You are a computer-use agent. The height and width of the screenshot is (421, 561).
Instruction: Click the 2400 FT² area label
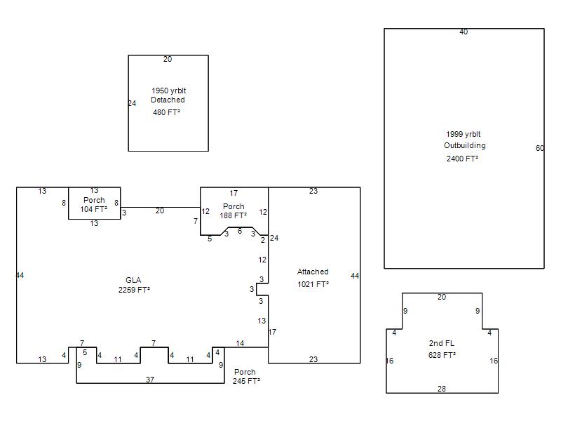coord(462,159)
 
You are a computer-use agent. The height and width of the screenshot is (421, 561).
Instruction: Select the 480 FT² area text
coord(166,112)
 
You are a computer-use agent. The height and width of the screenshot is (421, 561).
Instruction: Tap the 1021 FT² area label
coord(313,284)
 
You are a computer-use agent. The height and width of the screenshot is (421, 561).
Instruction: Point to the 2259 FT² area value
coord(134,290)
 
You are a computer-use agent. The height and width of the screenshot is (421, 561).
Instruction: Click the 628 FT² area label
coord(442,355)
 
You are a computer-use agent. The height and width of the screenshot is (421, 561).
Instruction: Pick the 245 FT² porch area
coord(246,381)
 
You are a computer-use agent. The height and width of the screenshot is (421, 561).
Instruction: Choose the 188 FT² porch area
coord(234,215)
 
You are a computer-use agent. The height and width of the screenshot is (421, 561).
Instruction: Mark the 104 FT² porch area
coord(94,209)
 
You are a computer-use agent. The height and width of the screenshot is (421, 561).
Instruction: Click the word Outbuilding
coord(465,145)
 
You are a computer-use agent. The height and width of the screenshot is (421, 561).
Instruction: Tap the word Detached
coord(168,100)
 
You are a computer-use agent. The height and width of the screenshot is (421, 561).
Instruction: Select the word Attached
coord(313,272)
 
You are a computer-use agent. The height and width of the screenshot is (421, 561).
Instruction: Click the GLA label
coord(133,280)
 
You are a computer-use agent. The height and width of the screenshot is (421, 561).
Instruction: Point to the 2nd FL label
coord(442,343)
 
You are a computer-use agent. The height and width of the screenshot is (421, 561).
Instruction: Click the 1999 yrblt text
coord(464,134)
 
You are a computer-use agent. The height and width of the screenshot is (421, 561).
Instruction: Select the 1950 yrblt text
coord(169,91)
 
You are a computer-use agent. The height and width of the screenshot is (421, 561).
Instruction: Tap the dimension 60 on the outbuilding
coord(540,148)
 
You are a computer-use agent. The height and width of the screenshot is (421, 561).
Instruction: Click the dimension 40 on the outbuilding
coord(464,32)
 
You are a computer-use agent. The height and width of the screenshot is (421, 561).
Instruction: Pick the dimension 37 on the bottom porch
coord(150,380)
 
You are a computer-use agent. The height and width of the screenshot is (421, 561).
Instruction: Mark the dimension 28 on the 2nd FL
coord(442,389)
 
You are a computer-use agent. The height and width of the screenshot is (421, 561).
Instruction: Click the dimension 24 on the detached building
coord(132,103)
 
